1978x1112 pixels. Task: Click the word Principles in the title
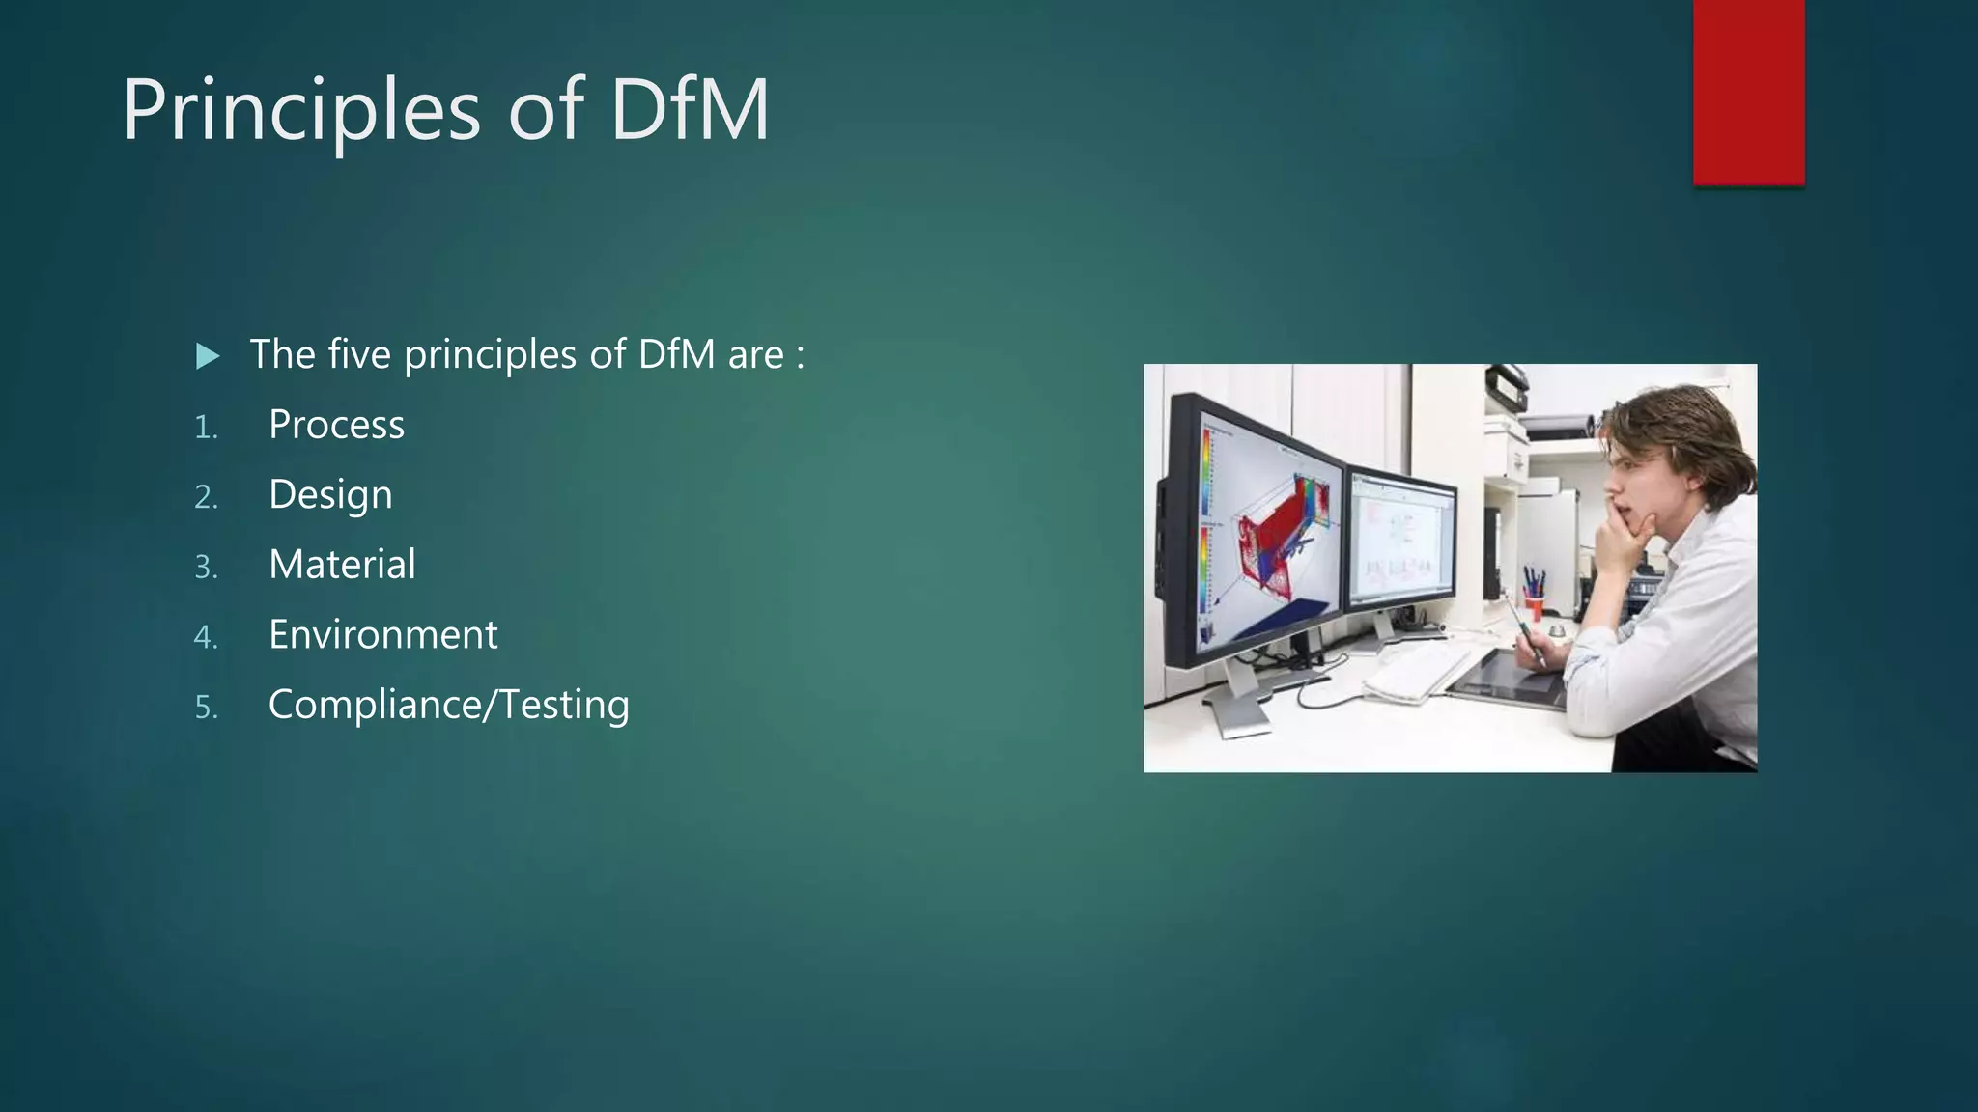click(300, 110)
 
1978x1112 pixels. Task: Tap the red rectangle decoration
click(1748, 92)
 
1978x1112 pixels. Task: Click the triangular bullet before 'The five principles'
click(207, 356)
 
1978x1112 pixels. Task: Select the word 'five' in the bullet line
click(359, 354)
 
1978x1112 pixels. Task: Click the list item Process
click(336, 425)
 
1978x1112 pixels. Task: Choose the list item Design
click(330, 495)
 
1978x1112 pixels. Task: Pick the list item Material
click(342, 565)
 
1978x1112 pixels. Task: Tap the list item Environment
click(382, 635)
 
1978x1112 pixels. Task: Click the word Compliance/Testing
click(448, 705)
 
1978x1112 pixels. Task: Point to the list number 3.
click(205, 568)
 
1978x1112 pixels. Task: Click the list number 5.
click(206, 708)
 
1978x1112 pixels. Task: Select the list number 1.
click(205, 428)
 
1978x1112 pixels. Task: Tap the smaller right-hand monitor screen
click(1401, 541)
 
